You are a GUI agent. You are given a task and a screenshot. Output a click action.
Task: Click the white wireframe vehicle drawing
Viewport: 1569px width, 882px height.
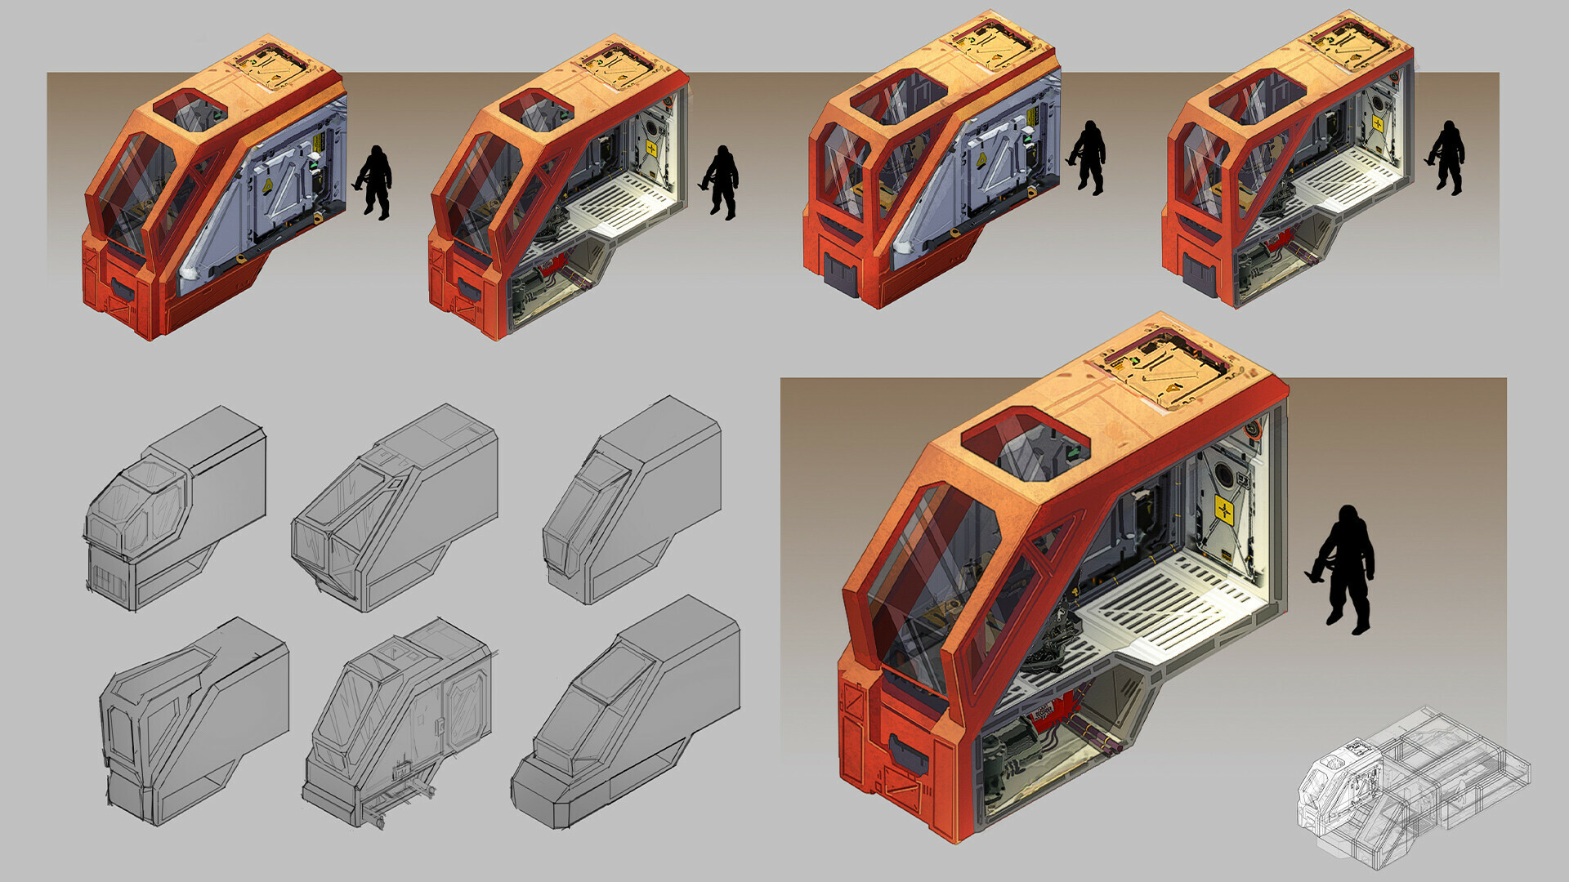[x=1414, y=784]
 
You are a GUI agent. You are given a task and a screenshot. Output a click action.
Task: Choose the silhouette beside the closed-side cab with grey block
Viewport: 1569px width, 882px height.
[x=1089, y=157]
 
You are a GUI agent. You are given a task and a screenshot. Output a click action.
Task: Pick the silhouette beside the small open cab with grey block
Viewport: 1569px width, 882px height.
[x=1449, y=157]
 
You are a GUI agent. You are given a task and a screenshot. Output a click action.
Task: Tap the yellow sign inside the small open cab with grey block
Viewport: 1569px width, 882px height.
[x=1378, y=123]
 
